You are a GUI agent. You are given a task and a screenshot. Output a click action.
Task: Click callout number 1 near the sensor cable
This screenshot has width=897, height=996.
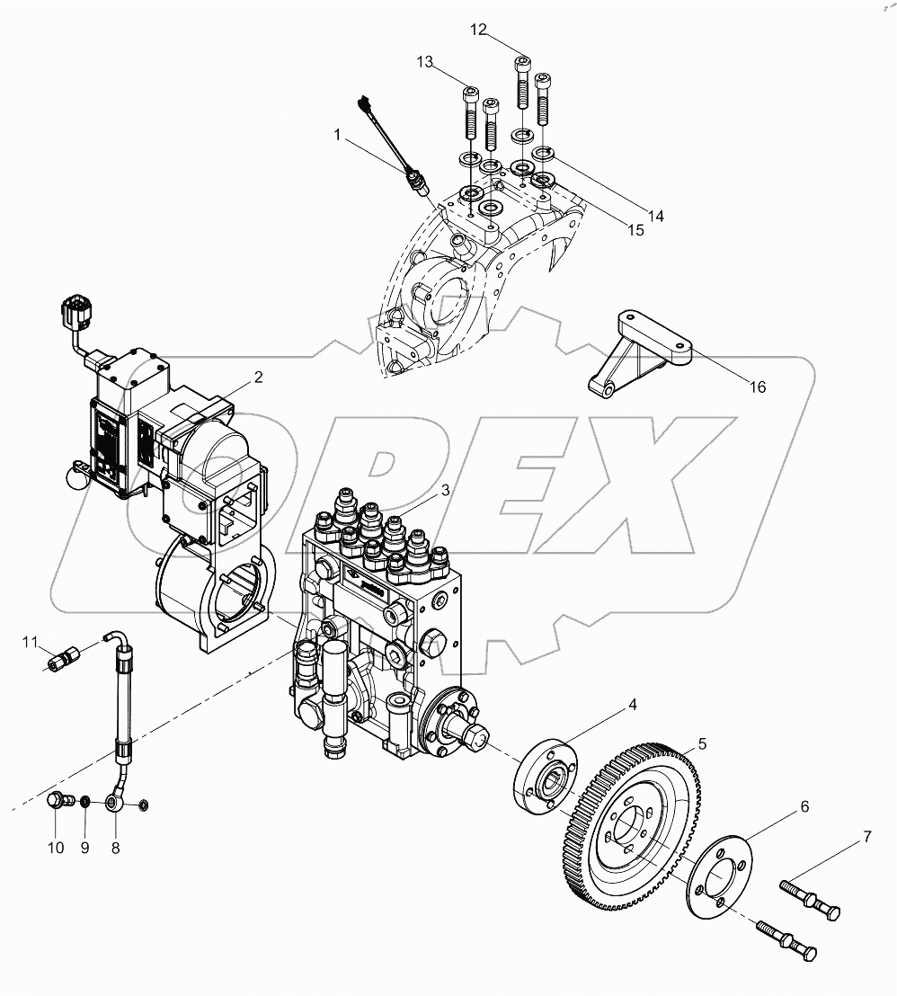337,135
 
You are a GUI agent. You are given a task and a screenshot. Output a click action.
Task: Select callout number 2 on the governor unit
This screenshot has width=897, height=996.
258,378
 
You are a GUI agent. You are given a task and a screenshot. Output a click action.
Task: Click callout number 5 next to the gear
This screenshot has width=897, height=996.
701,744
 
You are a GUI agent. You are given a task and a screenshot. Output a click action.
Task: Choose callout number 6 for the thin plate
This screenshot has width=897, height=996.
804,807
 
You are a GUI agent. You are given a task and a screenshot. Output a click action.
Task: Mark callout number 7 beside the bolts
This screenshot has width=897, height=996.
866,838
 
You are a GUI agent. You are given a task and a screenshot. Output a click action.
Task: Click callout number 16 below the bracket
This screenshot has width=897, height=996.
758,387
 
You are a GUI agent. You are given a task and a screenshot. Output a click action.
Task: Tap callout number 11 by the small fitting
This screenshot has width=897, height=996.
31,642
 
